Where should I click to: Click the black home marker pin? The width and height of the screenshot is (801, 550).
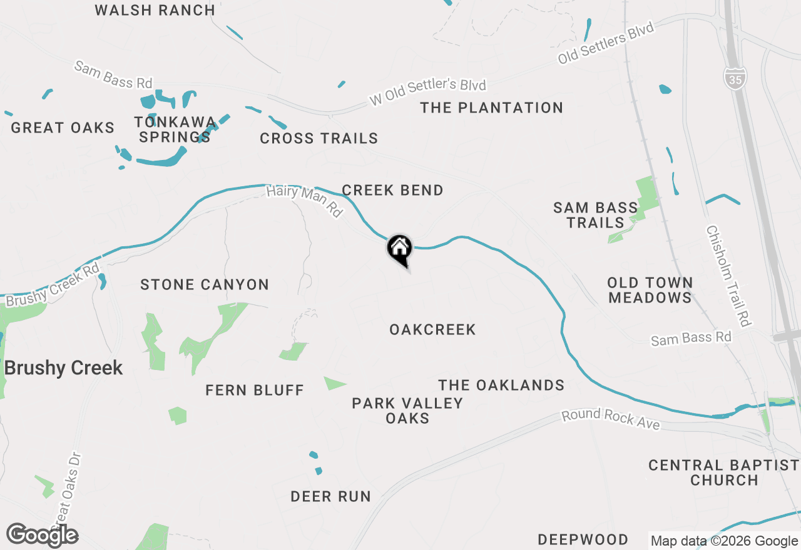pos(400,249)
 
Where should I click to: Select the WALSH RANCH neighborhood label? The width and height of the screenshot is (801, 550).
pos(155,11)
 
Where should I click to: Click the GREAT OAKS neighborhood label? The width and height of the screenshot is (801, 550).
pos(63,128)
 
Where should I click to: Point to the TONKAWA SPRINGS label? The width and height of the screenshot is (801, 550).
pos(175,129)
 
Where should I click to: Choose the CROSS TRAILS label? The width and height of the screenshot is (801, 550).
pos(319,139)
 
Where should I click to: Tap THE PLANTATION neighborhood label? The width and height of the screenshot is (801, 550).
pos(491,108)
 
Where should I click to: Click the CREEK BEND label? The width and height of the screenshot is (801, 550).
pos(392,191)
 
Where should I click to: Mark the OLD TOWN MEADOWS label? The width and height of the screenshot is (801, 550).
pos(650,291)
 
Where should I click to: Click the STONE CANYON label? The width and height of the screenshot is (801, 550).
pos(205,285)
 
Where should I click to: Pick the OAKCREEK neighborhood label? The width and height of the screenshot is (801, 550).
pos(432,329)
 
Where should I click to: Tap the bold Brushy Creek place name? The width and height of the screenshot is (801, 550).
pos(63,368)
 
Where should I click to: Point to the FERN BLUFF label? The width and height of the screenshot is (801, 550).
pos(255,391)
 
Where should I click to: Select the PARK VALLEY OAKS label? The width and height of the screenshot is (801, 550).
pos(407,411)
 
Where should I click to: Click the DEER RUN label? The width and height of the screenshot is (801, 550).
pos(330,497)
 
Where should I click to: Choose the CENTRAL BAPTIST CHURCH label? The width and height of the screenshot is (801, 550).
pos(724,473)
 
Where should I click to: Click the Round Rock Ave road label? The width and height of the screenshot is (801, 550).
pos(610,419)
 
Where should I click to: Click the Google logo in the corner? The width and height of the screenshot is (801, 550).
pos(43,536)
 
